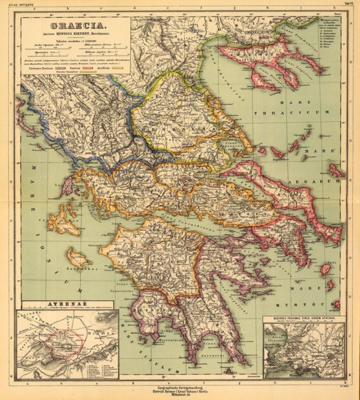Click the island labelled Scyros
click(x=336, y=170)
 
